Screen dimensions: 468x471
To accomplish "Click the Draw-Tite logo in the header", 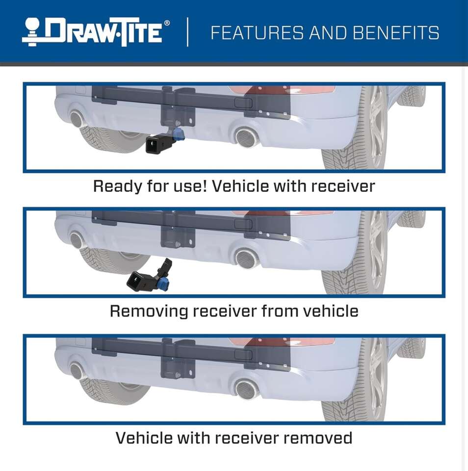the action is tap(96, 32).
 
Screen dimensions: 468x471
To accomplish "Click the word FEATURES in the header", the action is tap(257, 33).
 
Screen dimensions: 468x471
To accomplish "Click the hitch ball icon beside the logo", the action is tap(33, 32).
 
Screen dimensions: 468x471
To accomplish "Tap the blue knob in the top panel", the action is tap(180, 134).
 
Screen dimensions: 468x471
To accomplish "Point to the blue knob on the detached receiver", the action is tap(164, 283).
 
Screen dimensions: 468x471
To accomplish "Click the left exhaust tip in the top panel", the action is tap(77, 118).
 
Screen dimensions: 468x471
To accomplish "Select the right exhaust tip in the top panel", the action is tap(245, 137).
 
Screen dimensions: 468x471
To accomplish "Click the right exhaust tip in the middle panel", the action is tap(245, 259).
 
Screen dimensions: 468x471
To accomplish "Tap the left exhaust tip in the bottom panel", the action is tap(77, 370).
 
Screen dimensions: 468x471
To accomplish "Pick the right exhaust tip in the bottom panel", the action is tap(245, 389).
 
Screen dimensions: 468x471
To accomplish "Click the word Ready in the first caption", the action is tap(117, 186).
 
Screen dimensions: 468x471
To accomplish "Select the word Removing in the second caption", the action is tap(149, 311).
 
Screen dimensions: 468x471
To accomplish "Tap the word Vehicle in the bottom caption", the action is tap(144, 438).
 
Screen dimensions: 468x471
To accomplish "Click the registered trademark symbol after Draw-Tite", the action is tap(167, 23).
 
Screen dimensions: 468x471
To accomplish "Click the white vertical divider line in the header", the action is tap(188, 32).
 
